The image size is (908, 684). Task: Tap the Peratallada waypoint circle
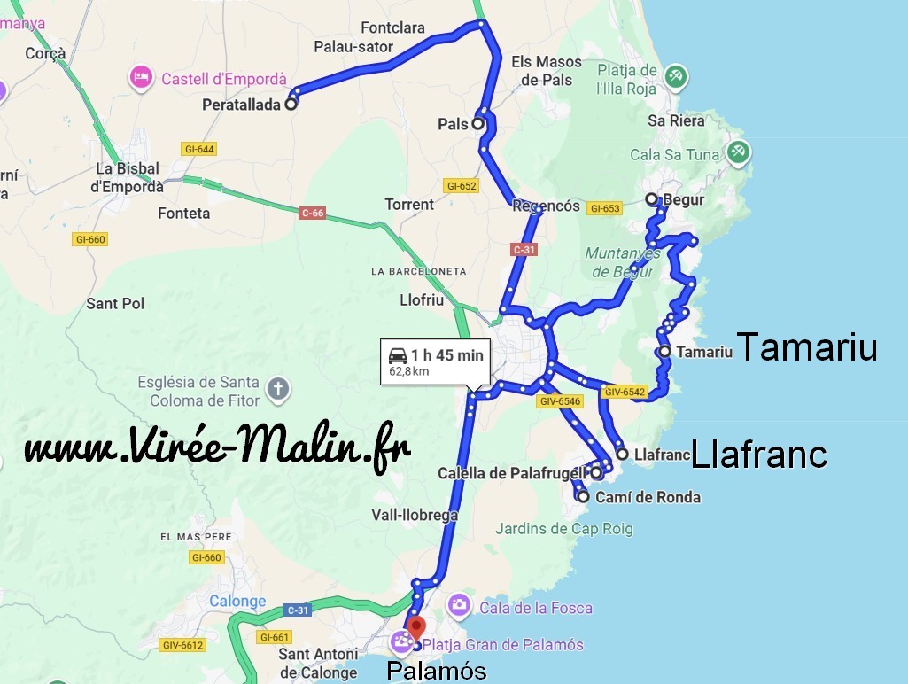[x=290, y=104]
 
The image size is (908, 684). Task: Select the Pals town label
[x=453, y=125]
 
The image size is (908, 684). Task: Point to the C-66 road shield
[x=313, y=214]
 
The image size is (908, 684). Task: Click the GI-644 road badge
[x=198, y=149]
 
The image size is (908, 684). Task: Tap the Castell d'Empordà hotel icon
[x=140, y=79]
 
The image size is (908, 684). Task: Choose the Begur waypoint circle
[x=651, y=199]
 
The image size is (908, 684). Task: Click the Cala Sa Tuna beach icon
[x=738, y=152]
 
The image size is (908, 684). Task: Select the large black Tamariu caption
[x=806, y=347]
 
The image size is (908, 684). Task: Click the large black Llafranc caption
[x=758, y=455]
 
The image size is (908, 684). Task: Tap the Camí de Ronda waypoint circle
[x=583, y=497]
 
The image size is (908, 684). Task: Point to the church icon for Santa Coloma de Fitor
[x=278, y=389]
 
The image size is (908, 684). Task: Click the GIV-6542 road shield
[x=624, y=391]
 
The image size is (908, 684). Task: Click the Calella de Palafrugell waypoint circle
[x=596, y=473]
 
